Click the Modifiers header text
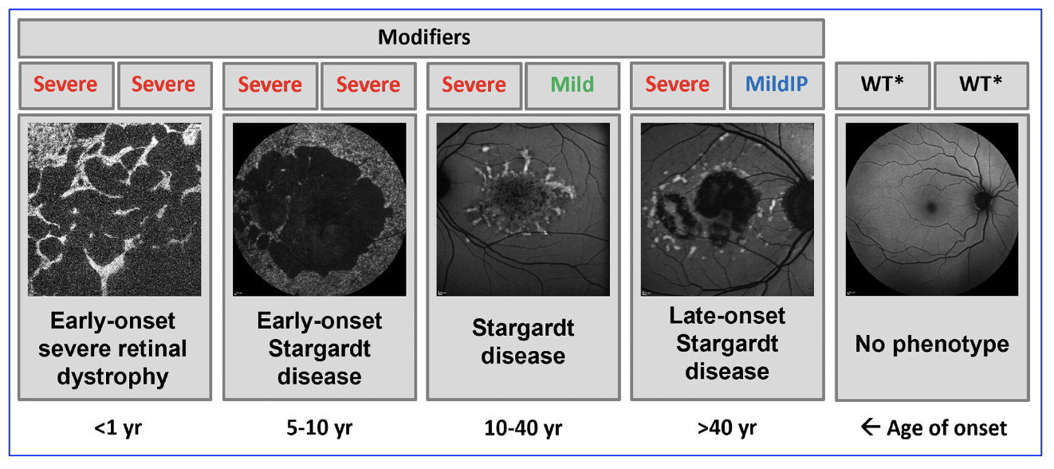click(x=424, y=37)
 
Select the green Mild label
click(x=572, y=85)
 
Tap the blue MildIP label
click(x=777, y=84)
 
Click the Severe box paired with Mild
click(x=474, y=85)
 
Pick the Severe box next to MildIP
click(x=677, y=85)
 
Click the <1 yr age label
click(x=118, y=428)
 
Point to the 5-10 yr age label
click(x=320, y=428)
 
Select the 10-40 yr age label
click(x=523, y=428)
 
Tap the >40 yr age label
click(x=727, y=428)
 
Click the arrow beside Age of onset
click(x=871, y=427)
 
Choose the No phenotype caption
click(x=932, y=345)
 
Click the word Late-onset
click(x=727, y=316)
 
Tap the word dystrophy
click(x=112, y=377)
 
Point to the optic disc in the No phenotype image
click(x=983, y=199)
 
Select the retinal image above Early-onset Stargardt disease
click(x=320, y=210)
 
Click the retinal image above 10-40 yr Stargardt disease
click(x=523, y=210)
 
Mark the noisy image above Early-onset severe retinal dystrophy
click(x=114, y=210)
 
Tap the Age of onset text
click(x=946, y=428)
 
